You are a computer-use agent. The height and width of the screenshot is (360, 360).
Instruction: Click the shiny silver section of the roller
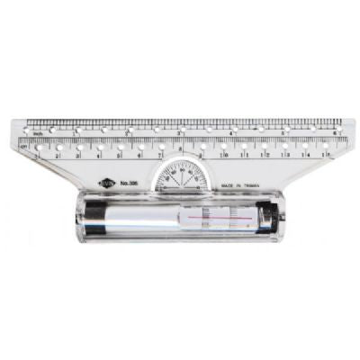126,220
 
